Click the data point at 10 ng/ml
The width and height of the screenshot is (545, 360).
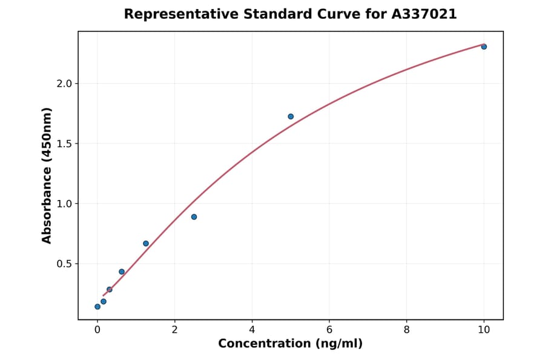point(484,47)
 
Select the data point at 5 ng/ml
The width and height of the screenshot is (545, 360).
point(291,116)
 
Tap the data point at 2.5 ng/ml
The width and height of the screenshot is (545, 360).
point(194,217)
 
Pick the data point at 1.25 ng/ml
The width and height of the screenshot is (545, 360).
point(146,244)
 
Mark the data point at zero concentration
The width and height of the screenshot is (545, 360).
point(97,307)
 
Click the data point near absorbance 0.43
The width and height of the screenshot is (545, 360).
point(122,272)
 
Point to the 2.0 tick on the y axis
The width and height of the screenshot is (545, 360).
point(64,84)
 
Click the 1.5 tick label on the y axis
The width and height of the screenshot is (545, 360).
point(64,144)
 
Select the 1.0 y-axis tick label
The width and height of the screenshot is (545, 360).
point(64,204)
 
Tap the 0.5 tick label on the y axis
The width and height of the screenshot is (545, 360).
point(64,264)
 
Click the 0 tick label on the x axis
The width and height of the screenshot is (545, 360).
point(97,330)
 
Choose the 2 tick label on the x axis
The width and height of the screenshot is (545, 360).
point(174,330)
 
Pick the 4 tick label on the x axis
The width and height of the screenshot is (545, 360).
point(252,330)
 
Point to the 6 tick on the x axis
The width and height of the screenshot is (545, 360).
point(329,330)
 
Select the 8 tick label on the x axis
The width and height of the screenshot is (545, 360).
point(406,330)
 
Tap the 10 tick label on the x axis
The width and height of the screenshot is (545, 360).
point(484,330)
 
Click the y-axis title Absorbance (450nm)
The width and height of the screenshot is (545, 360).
point(47,175)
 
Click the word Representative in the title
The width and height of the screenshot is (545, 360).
point(173,14)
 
